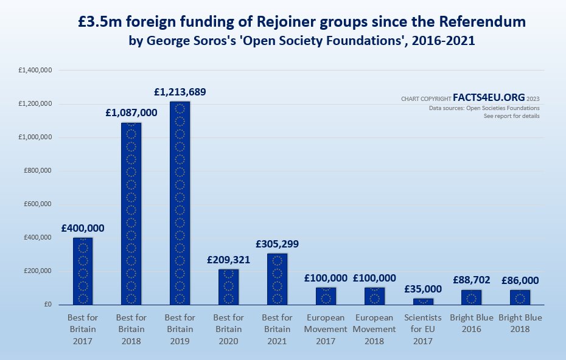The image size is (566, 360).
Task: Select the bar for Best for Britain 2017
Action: pyautogui.click(x=83, y=271)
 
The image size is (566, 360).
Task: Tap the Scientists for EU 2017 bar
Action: pyautogui.click(x=423, y=301)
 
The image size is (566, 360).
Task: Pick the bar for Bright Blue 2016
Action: pyautogui.click(x=472, y=297)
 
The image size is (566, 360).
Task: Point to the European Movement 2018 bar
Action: pyautogui.click(x=374, y=296)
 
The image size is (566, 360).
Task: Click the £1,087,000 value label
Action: pyautogui.click(x=131, y=112)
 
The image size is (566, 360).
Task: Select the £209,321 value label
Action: pyautogui.click(x=228, y=259)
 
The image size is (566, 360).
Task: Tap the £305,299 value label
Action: pyautogui.click(x=277, y=244)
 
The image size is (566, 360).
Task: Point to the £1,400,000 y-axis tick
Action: pyautogui.click(x=35, y=71)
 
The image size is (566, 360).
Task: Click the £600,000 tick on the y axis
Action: pyautogui.click(x=38, y=204)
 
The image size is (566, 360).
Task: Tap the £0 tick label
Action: pyautogui.click(x=47, y=305)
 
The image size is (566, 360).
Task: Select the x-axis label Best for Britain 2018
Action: pyautogui.click(x=131, y=329)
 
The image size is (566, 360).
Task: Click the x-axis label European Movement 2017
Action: pyautogui.click(x=326, y=329)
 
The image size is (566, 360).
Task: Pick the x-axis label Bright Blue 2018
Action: pyautogui.click(x=520, y=323)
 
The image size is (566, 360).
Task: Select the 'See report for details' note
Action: pyautogui.click(x=511, y=116)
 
